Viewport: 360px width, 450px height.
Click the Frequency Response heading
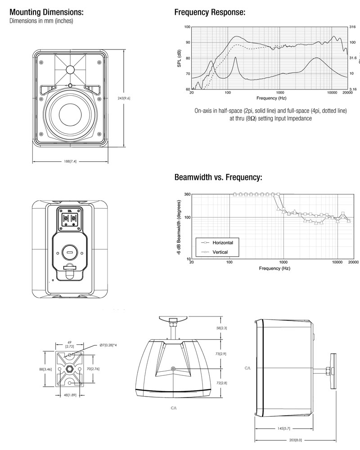209,13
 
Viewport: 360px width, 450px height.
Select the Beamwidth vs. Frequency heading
218,178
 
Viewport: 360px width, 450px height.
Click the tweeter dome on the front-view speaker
70,70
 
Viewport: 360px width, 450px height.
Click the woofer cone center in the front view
70,111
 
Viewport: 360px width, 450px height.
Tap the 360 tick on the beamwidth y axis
187,194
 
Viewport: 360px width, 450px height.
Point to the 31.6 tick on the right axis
353,58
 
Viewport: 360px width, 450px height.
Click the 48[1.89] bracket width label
70,396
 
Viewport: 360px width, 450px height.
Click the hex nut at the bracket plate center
70,369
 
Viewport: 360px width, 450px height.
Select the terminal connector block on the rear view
70,219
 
